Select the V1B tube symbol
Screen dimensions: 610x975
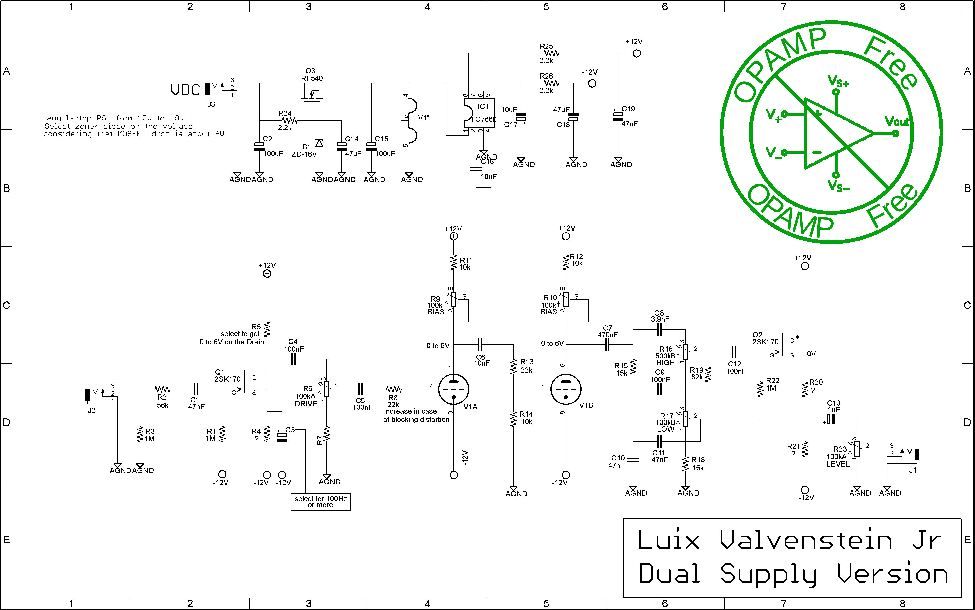(x=566, y=389)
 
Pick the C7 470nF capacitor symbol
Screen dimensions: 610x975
(x=607, y=345)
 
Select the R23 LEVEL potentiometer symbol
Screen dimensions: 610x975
(x=857, y=449)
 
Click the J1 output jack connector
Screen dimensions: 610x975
(x=917, y=455)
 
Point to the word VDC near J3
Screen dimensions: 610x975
(x=185, y=90)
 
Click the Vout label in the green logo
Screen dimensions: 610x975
(x=896, y=121)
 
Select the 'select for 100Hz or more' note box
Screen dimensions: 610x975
(x=320, y=502)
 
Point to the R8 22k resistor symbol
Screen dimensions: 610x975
(x=394, y=389)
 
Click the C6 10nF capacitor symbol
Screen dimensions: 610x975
(x=480, y=345)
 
